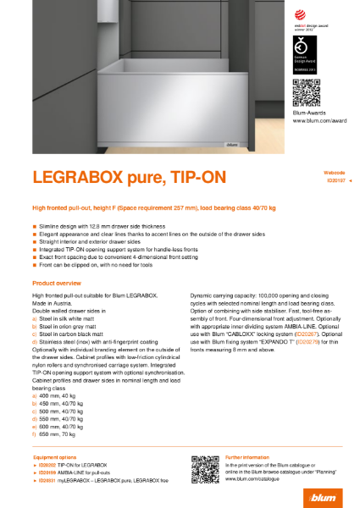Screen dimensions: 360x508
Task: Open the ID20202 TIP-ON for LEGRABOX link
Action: [73, 466]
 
